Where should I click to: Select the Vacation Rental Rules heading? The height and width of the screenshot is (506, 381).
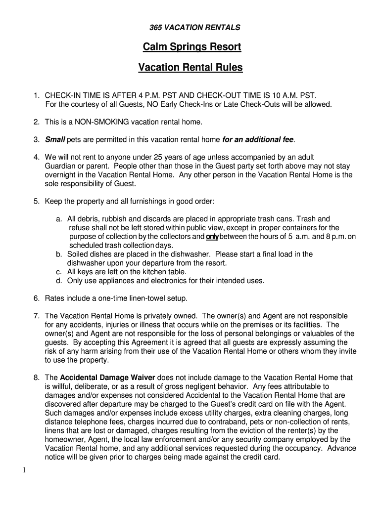(x=190, y=68)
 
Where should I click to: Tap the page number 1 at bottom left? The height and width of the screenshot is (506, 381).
(x=24, y=470)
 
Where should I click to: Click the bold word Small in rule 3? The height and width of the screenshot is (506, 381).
(x=55, y=139)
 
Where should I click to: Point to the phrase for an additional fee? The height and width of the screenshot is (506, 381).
(x=258, y=139)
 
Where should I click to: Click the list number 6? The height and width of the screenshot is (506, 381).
(x=37, y=298)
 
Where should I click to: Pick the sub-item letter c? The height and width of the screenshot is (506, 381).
(x=58, y=272)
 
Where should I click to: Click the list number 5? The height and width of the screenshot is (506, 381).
(x=37, y=201)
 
